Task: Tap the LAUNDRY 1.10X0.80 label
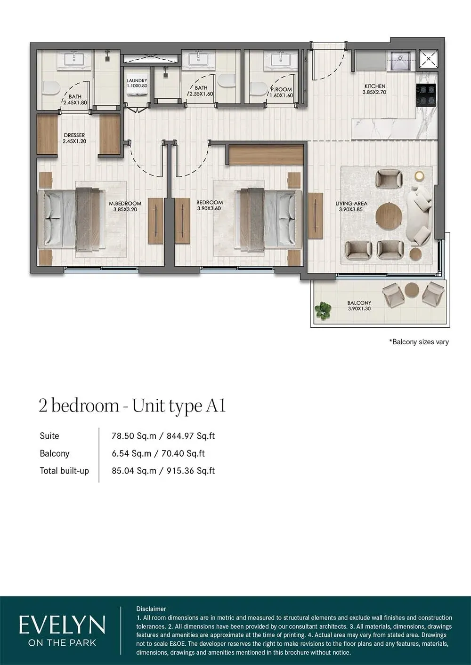[x=137, y=83]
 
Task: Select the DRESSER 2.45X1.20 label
[x=74, y=138]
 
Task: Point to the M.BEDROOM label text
[x=125, y=204]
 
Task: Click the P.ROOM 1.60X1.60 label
[x=281, y=92]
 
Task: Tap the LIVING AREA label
[x=351, y=206]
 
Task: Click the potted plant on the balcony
[x=323, y=309]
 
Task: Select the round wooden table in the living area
[x=389, y=216]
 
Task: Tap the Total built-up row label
[x=64, y=471]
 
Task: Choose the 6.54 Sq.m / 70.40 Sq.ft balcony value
[x=158, y=453]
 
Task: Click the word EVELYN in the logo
[x=62, y=626]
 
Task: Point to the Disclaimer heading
[x=151, y=609]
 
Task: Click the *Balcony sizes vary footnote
[x=419, y=342]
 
